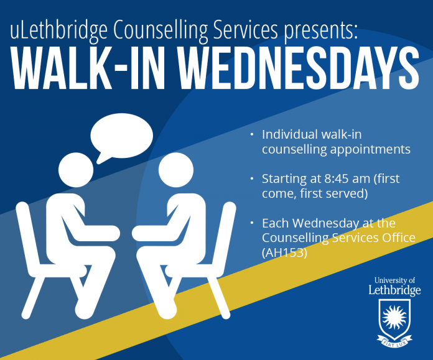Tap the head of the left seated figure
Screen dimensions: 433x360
pos(76,170)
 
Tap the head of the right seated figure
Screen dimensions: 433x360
pos(176,170)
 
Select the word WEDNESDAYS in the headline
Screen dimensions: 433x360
pos(299,68)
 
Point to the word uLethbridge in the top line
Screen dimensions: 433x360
pos(58,30)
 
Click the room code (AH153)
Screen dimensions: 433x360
pos(284,252)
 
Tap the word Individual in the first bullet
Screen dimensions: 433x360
pos(290,134)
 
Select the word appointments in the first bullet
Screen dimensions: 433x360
pos(370,150)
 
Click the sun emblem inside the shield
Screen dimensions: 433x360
pos(394,318)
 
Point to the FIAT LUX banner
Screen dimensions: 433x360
pos(395,341)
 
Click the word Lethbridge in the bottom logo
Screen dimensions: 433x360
pos(395,290)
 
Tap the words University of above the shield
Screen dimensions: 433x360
pos(394,280)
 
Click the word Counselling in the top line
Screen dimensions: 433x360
pos(161,30)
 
